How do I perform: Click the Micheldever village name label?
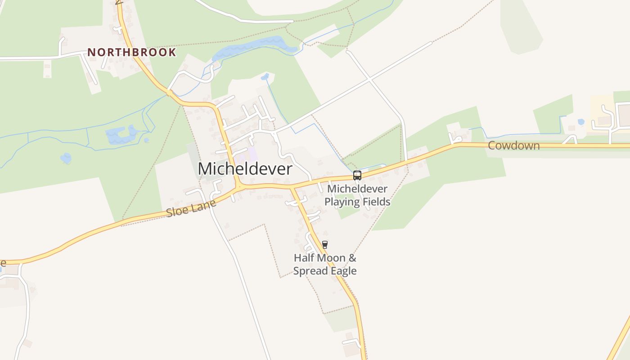pyautogui.click(x=245, y=169)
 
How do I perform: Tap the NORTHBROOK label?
pyautogui.click(x=131, y=52)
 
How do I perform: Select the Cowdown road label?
pyautogui.click(x=513, y=145)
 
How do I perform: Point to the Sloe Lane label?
pyautogui.click(x=191, y=208)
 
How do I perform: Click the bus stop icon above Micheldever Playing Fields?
pyautogui.click(x=357, y=175)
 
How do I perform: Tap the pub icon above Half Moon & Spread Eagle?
pyautogui.click(x=325, y=245)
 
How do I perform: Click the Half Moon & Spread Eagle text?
pyautogui.click(x=325, y=265)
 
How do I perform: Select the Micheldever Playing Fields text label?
pyautogui.click(x=357, y=195)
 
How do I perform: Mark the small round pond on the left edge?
pyautogui.click(x=66, y=158)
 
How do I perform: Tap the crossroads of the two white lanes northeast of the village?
pyautogui.click(x=369, y=80)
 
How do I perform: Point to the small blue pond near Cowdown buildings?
pyautogui.click(x=581, y=121)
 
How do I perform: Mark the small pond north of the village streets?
pyautogui.click(x=265, y=76)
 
